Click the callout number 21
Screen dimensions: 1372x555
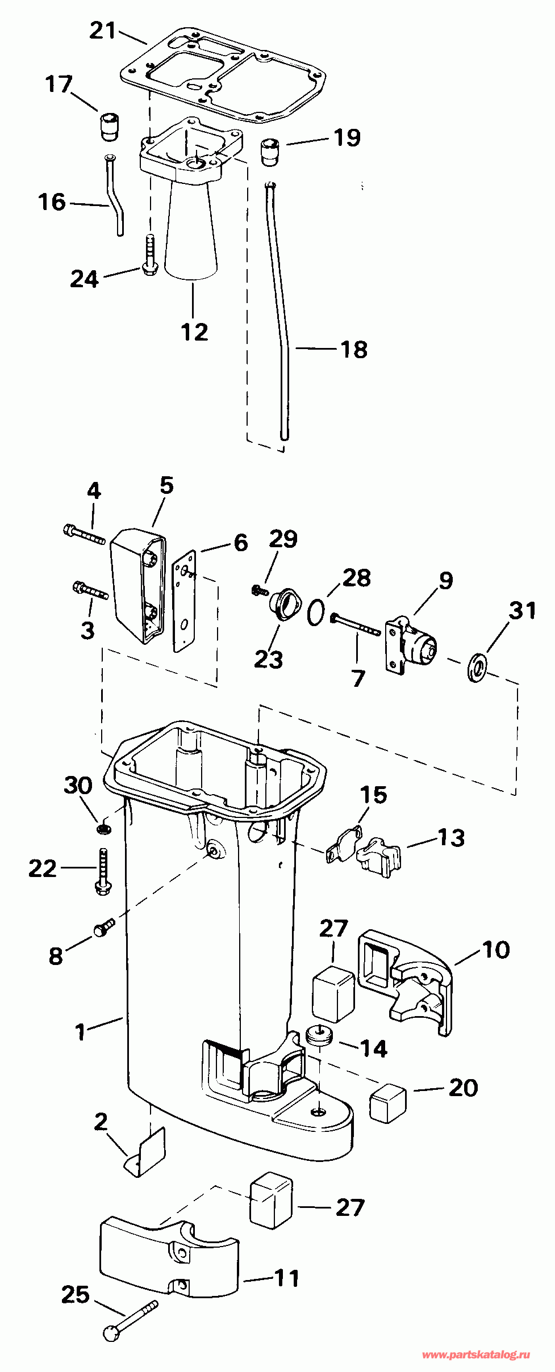(x=102, y=31)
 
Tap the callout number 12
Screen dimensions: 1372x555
(x=194, y=332)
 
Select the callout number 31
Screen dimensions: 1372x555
(x=522, y=611)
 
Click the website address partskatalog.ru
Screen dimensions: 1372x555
(x=476, y=1355)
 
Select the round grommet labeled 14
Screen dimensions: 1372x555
(x=318, y=1034)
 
